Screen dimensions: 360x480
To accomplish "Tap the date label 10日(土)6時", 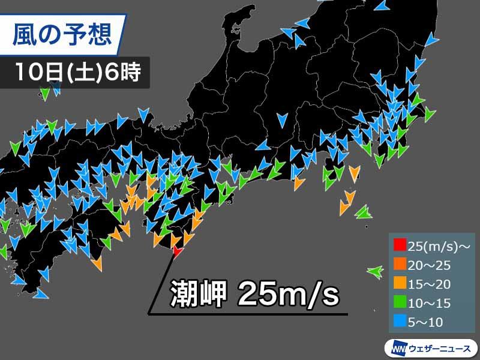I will (x=78, y=73).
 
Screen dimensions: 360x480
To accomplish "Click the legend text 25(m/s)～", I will (x=433, y=245).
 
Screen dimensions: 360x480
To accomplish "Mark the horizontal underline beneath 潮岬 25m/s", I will (x=252, y=314).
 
